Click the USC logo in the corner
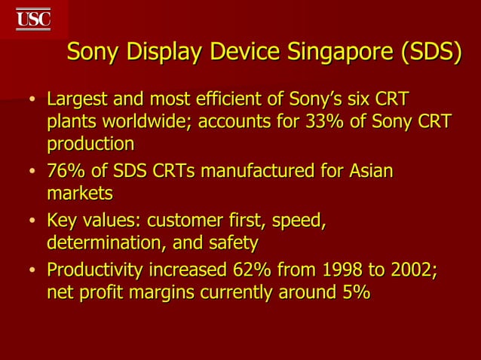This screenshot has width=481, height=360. pos(33,18)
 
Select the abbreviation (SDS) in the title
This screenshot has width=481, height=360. pos(429,53)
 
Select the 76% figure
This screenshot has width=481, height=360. pos(66,172)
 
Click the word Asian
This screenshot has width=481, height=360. pos(371,172)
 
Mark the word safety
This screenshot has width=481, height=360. pos(234,243)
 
